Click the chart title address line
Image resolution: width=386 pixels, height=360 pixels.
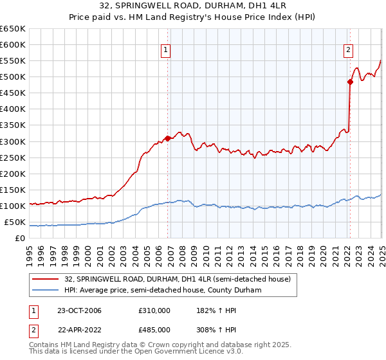(192, 6)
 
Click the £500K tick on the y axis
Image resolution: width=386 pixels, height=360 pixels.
(12, 77)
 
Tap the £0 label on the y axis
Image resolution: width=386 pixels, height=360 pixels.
(20, 239)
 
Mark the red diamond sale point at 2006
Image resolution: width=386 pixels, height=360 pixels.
(168, 138)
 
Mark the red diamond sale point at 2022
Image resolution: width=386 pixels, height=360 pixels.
(351, 81)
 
